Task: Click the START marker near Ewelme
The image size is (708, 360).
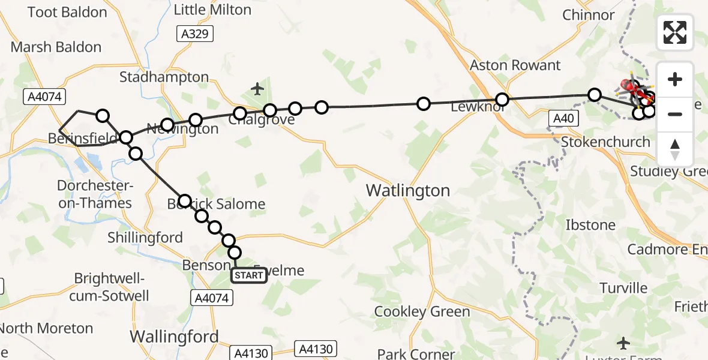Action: coord(248,275)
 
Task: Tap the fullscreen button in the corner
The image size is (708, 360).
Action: coord(675,32)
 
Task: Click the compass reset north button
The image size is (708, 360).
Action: coord(675,149)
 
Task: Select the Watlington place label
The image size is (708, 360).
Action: coord(408,191)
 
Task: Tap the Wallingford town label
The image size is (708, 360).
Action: coord(175,337)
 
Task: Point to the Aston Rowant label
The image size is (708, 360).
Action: coord(515,65)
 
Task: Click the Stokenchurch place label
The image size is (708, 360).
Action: coord(605,142)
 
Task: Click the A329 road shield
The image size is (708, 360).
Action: coord(196,34)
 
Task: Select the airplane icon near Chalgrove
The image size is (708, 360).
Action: coord(258,89)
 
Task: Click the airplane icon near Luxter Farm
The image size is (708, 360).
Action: coord(624,343)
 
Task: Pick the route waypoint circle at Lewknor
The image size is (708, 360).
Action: coord(502,99)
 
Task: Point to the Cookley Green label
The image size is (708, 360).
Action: coord(422,311)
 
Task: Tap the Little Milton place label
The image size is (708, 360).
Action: coord(212,10)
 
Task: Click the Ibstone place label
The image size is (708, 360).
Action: coord(590,225)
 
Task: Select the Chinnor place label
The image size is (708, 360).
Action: coord(589,15)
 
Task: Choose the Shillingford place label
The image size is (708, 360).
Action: coord(145,238)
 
